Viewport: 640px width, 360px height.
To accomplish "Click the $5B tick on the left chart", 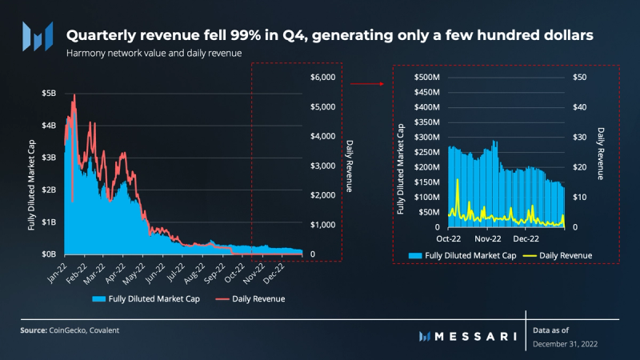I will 49,93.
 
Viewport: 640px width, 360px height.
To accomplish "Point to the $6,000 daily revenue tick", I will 323,77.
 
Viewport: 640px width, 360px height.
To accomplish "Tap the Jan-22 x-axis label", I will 58,271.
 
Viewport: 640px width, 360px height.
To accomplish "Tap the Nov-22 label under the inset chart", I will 487,238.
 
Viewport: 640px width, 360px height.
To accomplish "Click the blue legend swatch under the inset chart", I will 415,255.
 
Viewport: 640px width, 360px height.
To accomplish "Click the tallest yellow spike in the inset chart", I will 458,180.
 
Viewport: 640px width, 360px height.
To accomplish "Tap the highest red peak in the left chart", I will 74,95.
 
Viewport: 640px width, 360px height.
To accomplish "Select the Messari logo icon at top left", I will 38,36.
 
